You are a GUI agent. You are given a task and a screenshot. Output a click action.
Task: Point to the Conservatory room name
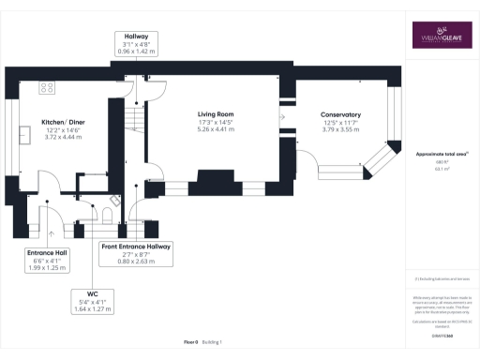[x=340, y=115]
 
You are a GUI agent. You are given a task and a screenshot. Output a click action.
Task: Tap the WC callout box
[x=93, y=300]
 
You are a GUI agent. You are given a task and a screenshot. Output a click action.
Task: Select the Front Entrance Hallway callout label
[x=136, y=252]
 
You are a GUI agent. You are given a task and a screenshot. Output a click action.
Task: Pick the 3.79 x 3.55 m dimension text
[x=340, y=132]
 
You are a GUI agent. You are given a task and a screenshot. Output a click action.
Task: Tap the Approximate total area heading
[x=441, y=153]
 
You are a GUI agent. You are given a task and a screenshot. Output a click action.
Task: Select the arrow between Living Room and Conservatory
[x=282, y=118]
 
